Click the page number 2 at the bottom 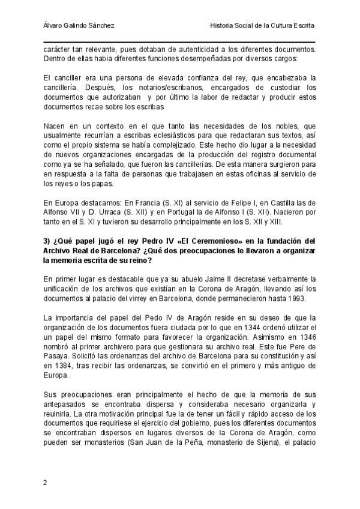click(46, 483)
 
